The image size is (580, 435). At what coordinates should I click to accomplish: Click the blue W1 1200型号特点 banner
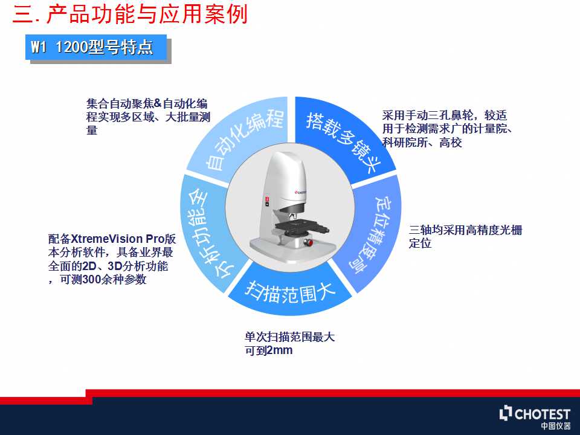coord(96,47)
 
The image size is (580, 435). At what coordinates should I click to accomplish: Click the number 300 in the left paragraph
coord(92,280)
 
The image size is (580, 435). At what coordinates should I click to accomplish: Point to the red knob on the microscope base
coord(309,242)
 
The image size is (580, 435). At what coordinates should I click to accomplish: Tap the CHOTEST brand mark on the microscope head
coord(300,192)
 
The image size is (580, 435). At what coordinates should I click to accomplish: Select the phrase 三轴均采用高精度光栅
coord(465,230)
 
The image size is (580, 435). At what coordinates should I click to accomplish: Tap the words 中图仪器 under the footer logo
coord(556,426)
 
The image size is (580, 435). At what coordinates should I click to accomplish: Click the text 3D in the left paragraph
coord(115,266)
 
